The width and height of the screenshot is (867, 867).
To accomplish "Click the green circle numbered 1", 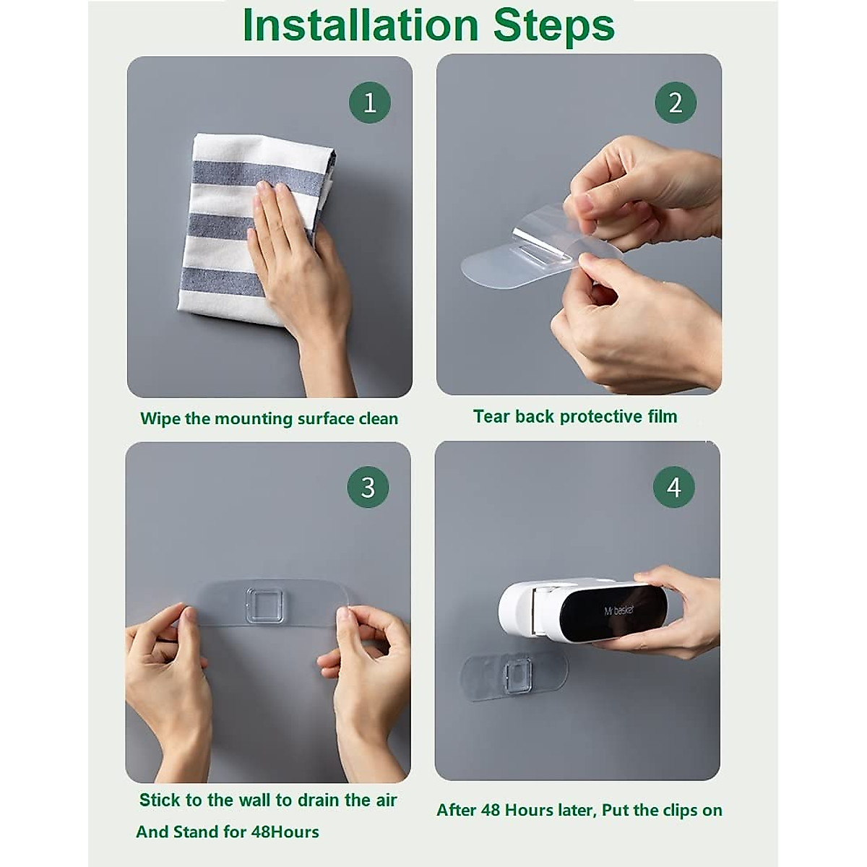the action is coord(370,103).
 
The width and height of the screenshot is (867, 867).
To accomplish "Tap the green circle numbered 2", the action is coord(676,103).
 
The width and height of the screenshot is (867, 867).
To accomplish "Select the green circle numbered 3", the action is coord(368,487).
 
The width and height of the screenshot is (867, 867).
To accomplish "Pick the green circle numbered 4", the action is coord(674,487).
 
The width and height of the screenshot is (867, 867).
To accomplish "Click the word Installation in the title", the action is coord(360,25).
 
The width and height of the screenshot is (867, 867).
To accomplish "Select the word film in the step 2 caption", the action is coord(663,416).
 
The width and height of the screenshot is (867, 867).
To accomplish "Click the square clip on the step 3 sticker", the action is coord(264,606).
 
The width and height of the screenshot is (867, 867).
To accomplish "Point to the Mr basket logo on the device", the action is coord(619,611).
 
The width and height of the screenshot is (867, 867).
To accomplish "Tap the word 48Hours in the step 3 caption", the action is coord(285,832).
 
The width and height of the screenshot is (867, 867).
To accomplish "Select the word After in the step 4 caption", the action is coord(456,811).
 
